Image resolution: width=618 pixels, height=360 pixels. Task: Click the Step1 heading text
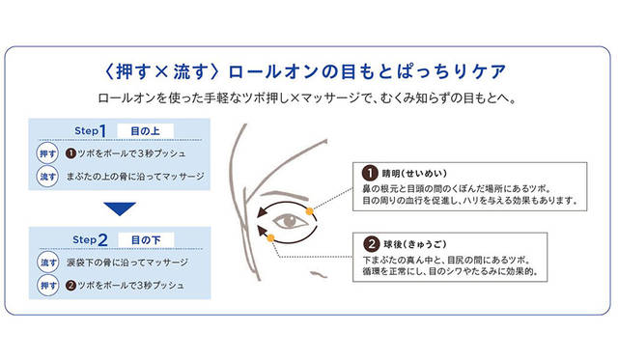click(x=90, y=130)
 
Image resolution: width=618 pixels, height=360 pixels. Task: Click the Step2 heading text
click(x=90, y=239)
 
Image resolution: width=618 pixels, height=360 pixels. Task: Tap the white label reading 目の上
click(x=145, y=131)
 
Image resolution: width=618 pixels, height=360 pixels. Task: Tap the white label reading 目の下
click(x=146, y=240)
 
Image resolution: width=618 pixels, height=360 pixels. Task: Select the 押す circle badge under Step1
click(x=47, y=153)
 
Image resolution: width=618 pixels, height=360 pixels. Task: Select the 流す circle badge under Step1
click(x=47, y=177)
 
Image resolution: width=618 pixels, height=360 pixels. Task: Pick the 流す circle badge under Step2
click(x=48, y=263)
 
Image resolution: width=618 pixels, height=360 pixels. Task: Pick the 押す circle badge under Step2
click(x=48, y=285)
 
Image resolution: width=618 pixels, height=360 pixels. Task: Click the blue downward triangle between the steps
click(x=120, y=208)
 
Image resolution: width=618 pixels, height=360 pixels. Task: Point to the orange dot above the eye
click(x=309, y=211)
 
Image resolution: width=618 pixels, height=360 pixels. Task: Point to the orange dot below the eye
click(x=270, y=237)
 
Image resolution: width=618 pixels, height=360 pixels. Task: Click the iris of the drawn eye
click(x=290, y=220)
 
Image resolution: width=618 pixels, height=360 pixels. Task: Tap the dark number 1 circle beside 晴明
click(x=370, y=174)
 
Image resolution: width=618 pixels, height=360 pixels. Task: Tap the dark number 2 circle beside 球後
click(x=371, y=244)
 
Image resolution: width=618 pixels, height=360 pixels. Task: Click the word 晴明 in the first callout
click(x=391, y=174)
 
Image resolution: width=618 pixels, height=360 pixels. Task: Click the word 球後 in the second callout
click(x=393, y=244)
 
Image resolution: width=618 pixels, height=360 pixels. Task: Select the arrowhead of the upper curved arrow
click(x=262, y=212)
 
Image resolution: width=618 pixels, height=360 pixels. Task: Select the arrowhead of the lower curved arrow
click(x=262, y=232)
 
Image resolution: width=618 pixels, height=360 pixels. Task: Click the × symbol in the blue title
click(x=161, y=71)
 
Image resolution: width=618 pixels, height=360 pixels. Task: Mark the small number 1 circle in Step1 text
click(x=70, y=153)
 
